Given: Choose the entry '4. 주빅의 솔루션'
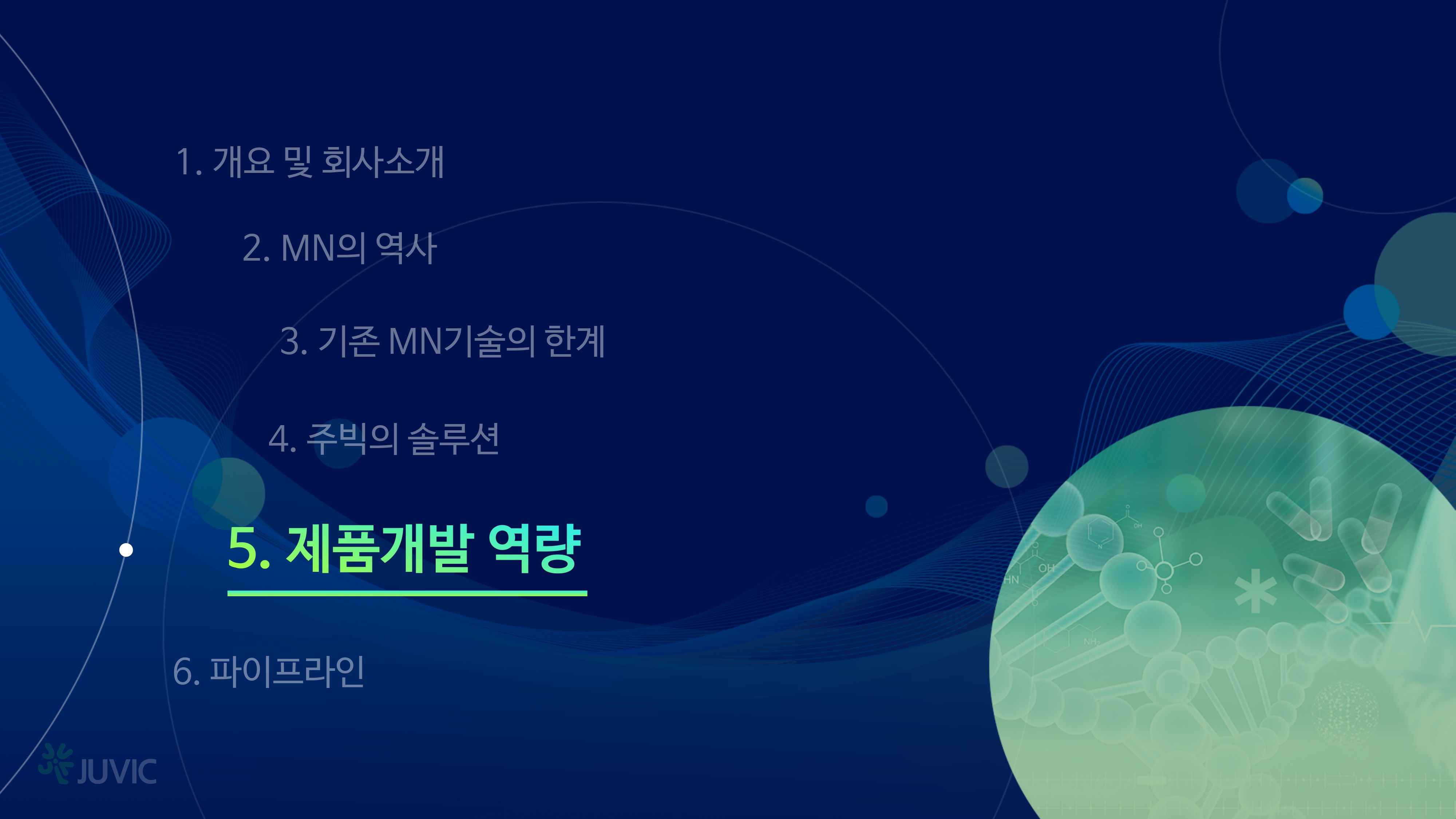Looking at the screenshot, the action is pos(384,439).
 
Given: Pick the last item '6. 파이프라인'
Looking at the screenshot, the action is pos(269,672).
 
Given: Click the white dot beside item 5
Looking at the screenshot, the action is pos(126,550).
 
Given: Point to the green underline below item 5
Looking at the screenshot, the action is pos(407,593).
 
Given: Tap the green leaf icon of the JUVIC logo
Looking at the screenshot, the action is pos(56,763).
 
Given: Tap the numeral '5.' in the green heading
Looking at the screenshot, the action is pos(249,548).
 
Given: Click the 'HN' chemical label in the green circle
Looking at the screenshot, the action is pos(1012,579).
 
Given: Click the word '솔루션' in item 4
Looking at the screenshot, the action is pos(453,439).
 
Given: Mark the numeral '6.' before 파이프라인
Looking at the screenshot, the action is pos(186,672).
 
